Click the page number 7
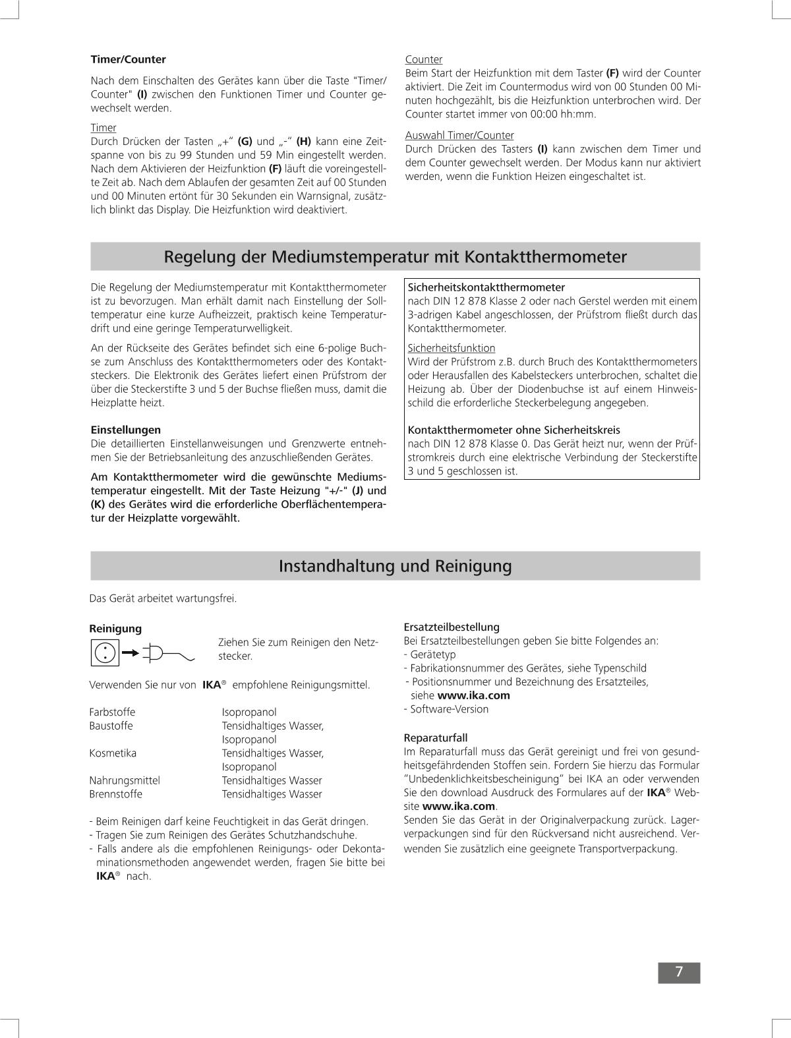click(x=678, y=972)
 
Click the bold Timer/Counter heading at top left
click(x=128, y=59)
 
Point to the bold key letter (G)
click(x=245, y=141)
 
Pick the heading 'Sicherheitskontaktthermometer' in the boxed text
click(x=486, y=287)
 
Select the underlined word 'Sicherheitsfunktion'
click(x=452, y=348)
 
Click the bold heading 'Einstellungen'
click(x=125, y=430)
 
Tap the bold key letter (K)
click(x=98, y=504)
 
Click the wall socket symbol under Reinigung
click(x=104, y=652)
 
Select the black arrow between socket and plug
click(x=131, y=653)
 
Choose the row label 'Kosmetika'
click(x=113, y=753)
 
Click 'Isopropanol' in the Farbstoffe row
click(x=249, y=712)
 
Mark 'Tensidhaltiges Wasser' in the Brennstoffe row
click(x=272, y=794)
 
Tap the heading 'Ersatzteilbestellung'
click(x=452, y=627)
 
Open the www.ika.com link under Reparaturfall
click(x=459, y=806)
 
